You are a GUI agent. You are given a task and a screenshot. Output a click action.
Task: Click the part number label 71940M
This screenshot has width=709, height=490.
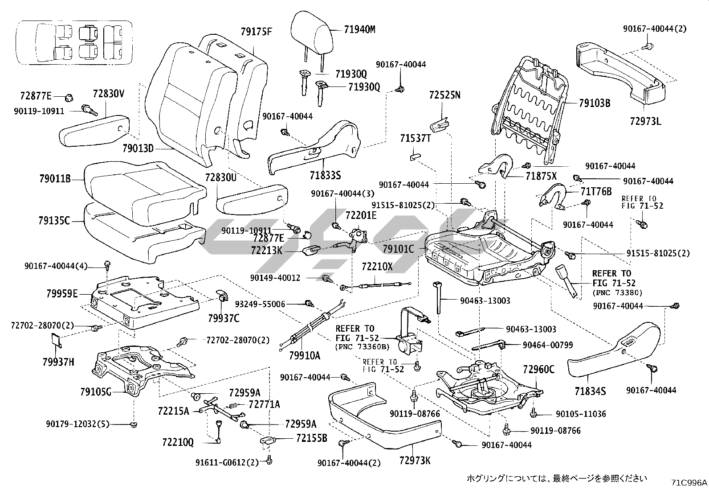359,30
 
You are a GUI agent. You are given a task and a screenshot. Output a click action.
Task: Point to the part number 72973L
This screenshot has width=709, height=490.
646,121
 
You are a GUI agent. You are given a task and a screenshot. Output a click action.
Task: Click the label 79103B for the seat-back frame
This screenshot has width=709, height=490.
595,103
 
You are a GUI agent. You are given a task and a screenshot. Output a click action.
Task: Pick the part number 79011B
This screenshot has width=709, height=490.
55,180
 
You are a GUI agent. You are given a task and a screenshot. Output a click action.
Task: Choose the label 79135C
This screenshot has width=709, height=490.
54,220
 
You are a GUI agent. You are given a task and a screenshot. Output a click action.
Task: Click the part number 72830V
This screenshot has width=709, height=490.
109,94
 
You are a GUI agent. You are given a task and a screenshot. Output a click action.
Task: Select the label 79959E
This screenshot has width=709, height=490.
62,293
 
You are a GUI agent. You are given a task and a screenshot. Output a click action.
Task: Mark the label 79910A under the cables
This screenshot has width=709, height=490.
304,356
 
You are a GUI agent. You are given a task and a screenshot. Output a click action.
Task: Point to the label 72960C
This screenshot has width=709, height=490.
539,369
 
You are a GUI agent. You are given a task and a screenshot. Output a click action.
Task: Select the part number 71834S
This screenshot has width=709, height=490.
590,391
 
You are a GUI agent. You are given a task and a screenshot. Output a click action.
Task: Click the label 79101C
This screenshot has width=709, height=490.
398,249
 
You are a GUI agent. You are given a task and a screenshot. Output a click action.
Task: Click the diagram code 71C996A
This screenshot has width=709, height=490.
689,482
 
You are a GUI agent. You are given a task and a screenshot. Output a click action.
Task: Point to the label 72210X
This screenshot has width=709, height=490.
377,267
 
